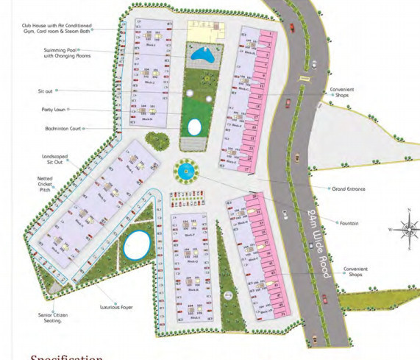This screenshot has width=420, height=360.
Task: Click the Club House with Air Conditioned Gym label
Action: tap(57, 29)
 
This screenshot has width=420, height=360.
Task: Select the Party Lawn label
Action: tap(54, 109)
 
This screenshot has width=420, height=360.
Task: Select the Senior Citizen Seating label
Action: tap(51, 317)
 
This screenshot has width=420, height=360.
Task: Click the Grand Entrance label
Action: tap(349, 189)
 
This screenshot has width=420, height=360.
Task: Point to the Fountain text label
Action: tap(349, 223)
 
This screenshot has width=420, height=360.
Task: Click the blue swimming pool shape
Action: tap(202, 54)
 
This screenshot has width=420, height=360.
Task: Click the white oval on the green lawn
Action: tap(194, 127)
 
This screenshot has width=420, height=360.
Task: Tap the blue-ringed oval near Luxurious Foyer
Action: tap(136, 244)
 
